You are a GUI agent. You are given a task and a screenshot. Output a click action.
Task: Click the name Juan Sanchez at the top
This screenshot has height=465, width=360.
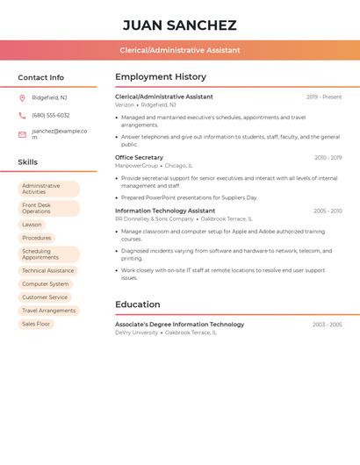(x=179, y=25)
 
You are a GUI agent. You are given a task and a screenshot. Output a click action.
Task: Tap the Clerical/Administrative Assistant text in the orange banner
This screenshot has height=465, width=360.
(x=179, y=50)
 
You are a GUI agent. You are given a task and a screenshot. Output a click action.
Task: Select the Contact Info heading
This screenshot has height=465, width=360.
(x=40, y=77)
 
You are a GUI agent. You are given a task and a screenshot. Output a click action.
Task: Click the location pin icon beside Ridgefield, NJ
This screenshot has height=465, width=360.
(x=22, y=98)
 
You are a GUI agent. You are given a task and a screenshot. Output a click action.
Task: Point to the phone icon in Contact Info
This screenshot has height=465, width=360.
(x=22, y=115)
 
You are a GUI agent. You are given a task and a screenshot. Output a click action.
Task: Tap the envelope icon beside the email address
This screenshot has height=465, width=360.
(x=22, y=134)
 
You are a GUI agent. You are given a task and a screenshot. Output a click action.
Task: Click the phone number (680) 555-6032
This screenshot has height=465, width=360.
(x=50, y=115)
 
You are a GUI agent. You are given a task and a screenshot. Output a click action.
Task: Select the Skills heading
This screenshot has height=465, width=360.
(x=27, y=162)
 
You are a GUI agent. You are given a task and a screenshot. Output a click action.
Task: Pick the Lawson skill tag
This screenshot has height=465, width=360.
(x=32, y=225)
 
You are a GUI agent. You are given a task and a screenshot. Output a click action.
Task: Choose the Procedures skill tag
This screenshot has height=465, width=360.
(x=37, y=238)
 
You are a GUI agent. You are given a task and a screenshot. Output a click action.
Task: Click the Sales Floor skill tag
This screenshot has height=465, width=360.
(x=37, y=324)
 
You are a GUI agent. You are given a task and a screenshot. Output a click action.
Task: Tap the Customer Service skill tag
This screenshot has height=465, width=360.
(x=45, y=297)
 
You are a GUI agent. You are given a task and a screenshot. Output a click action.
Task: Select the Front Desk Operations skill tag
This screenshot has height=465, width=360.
(x=48, y=208)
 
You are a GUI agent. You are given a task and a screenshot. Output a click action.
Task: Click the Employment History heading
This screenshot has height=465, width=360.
(x=161, y=77)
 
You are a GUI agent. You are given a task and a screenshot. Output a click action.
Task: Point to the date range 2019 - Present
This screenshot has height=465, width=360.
(x=324, y=97)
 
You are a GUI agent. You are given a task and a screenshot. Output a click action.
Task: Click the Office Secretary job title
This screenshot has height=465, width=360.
(x=139, y=158)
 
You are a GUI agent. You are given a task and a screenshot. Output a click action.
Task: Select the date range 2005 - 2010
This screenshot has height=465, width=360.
(x=328, y=211)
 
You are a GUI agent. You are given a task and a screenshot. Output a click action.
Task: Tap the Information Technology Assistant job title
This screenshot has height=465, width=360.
(x=165, y=211)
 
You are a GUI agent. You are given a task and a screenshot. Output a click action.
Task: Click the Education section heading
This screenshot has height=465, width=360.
(x=137, y=304)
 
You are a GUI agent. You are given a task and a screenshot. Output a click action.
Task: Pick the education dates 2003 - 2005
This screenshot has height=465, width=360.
(x=328, y=325)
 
